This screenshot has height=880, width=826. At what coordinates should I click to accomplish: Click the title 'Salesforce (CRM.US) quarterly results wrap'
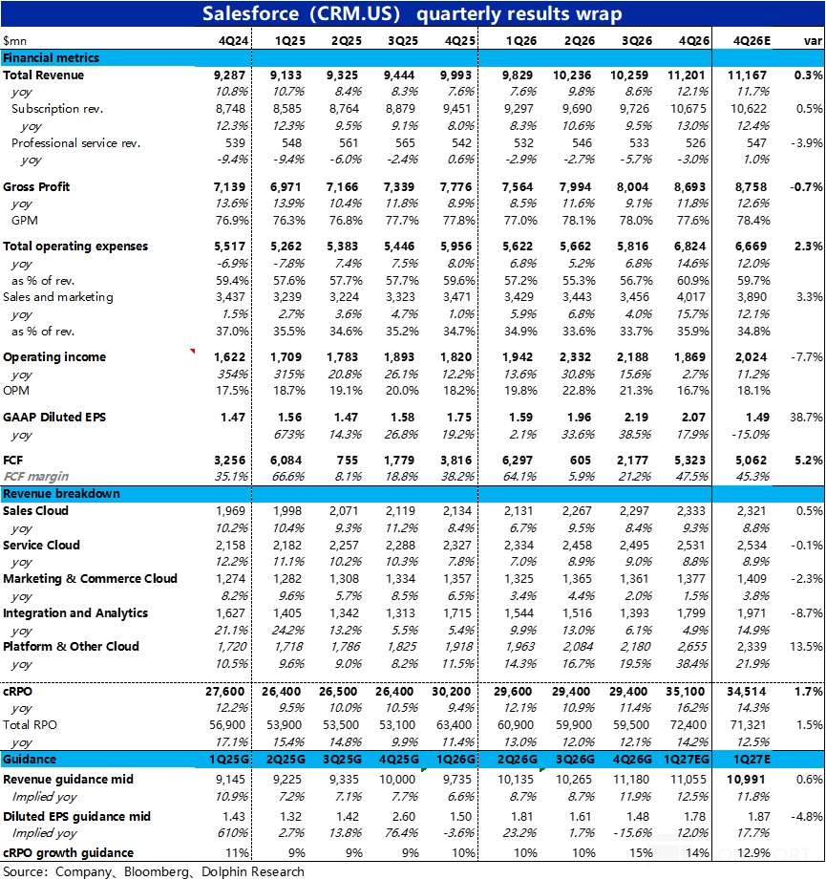[x=413, y=13]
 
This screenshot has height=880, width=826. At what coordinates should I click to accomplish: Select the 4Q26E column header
[x=752, y=40]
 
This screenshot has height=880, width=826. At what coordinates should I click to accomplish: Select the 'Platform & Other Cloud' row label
[x=71, y=647]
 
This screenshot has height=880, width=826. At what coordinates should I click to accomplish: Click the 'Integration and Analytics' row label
[x=75, y=612]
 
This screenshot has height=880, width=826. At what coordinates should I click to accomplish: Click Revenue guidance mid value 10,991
[x=752, y=780]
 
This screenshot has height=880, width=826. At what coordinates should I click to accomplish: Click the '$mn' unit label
[x=15, y=40]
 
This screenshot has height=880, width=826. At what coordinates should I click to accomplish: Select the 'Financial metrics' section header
[x=51, y=58]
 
